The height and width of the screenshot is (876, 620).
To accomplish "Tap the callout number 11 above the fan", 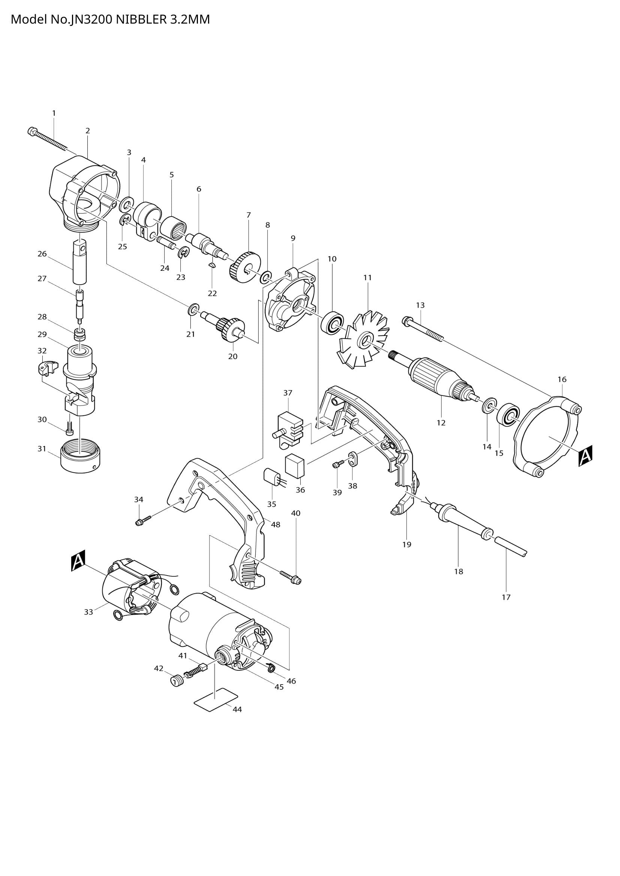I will (x=367, y=278).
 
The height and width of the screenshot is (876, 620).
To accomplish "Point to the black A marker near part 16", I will (x=585, y=456).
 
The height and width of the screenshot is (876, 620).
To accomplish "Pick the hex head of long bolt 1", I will (x=32, y=132).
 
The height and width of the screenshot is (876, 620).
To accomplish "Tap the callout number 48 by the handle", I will (x=275, y=525).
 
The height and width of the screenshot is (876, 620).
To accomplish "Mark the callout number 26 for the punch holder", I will (x=42, y=254).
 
